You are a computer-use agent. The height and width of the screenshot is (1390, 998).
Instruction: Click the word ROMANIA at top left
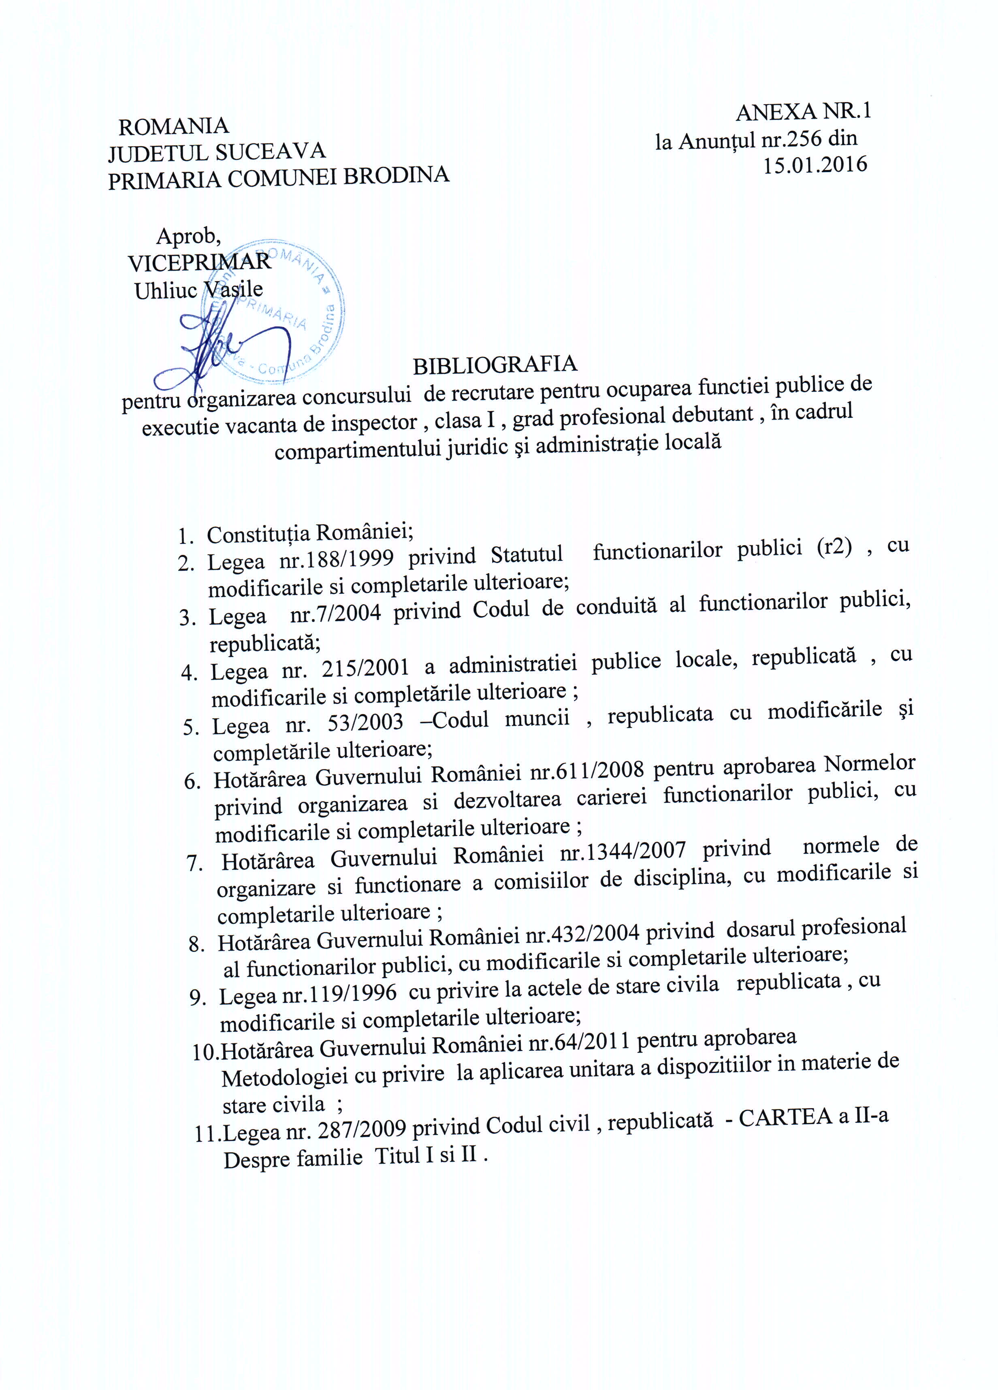[x=173, y=126]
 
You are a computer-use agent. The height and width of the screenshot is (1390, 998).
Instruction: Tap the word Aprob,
[x=189, y=235]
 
